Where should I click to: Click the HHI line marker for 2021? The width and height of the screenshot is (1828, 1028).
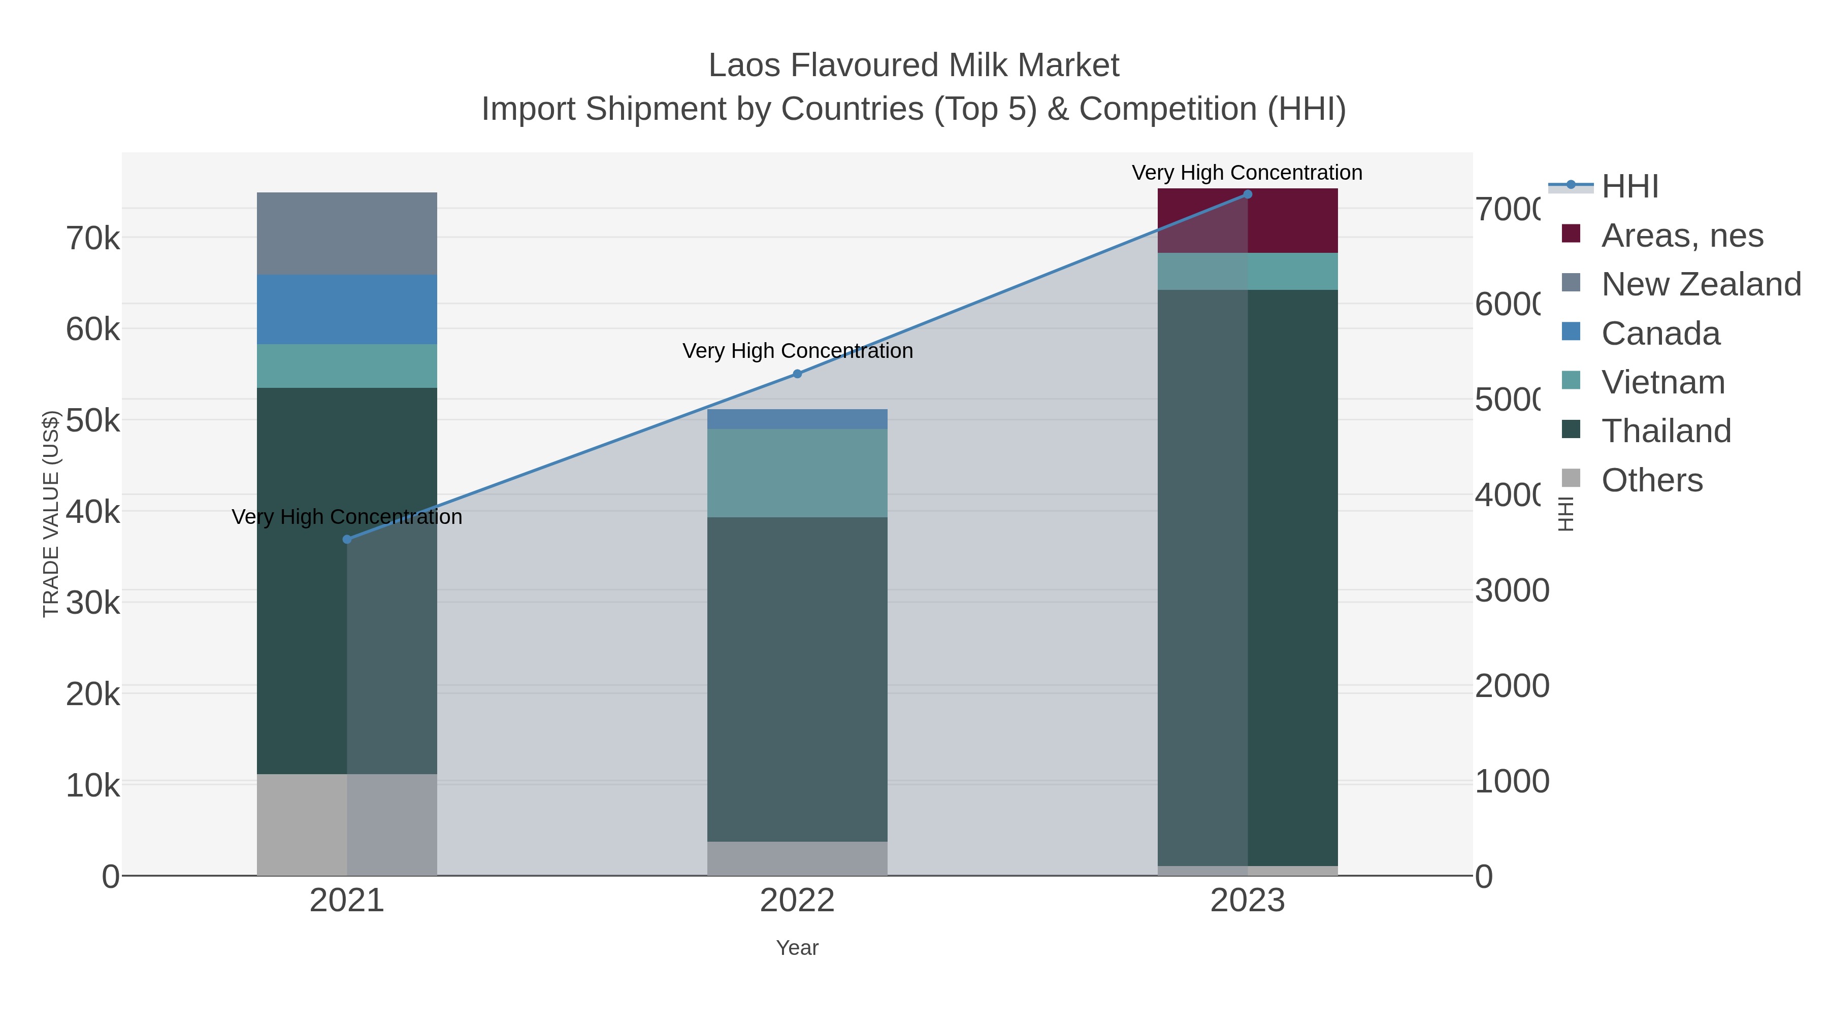[347, 539]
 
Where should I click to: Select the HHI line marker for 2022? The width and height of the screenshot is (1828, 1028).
[797, 374]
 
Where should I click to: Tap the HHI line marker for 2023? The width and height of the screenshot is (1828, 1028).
[1248, 194]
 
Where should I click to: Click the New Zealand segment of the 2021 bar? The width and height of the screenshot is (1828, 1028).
[347, 234]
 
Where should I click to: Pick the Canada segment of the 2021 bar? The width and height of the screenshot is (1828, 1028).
[347, 309]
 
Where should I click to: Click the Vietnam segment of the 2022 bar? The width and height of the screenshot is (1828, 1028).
[797, 473]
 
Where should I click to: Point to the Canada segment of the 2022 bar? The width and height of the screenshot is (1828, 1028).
[797, 419]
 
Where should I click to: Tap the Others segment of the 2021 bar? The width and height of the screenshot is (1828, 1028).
[347, 824]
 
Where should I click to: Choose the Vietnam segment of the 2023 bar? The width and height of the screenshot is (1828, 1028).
[1248, 271]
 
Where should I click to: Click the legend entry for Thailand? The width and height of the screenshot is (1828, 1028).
[1666, 432]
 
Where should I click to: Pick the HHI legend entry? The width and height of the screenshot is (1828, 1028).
[1629, 187]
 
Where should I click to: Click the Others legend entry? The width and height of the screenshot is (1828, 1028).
[1651, 480]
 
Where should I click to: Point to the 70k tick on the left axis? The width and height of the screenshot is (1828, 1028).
[93, 239]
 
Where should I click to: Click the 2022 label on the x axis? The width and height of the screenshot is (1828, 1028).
[797, 901]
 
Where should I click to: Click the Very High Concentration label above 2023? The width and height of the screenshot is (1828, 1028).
[1247, 173]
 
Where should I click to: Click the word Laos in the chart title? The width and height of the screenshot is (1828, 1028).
[744, 65]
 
